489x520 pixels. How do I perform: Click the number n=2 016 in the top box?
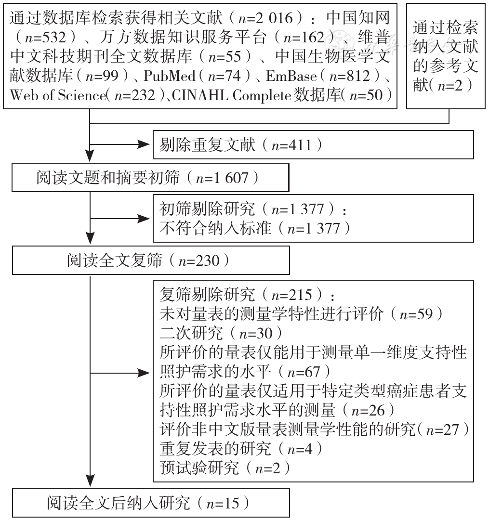266,18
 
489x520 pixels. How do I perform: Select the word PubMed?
170,76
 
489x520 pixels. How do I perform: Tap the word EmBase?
291,76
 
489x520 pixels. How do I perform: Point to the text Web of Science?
58,95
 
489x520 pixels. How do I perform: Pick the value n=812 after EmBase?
350,76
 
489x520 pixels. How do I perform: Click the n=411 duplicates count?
291,145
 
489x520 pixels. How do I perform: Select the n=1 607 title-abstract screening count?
222,178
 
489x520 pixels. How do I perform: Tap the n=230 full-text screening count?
199,260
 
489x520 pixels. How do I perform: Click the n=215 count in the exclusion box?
292,295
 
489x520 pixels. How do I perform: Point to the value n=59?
416,314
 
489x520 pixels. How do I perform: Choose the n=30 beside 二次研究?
256,333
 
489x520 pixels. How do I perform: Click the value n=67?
304,372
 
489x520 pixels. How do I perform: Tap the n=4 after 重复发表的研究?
300,449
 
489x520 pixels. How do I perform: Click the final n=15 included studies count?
223,504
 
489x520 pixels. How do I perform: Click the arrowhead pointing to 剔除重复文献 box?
145,144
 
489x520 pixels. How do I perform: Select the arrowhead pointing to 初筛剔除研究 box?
145,219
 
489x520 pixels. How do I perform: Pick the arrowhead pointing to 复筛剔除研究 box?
145,374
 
